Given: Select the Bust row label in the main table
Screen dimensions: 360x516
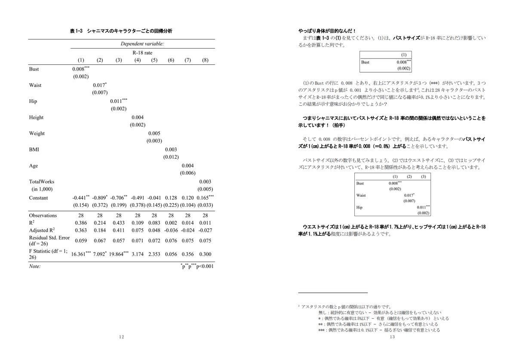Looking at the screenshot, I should coord(34,69).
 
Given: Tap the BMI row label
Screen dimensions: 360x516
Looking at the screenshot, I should coord(34,149).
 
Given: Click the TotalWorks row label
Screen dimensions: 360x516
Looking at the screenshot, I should coord(42,182).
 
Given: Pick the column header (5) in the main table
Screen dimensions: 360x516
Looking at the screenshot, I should coord(154,60).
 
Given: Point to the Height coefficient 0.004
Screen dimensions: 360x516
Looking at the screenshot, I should coord(137,117).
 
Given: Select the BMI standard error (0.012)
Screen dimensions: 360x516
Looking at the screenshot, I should coord(171,157).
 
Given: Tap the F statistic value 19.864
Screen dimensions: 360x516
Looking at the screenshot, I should coord(117,253).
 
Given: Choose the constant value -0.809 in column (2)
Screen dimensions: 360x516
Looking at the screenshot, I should coord(98,198).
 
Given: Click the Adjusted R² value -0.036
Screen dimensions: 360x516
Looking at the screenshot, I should coord(171,230).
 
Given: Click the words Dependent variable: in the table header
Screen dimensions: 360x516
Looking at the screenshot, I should coord(142,44).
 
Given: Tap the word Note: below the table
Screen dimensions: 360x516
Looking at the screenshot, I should coord(35,266).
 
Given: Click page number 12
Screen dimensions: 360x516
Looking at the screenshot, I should coord(122,337).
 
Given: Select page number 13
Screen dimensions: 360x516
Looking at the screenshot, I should coord(392,337).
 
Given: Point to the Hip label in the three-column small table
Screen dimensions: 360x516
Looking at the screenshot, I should coord(360,207).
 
